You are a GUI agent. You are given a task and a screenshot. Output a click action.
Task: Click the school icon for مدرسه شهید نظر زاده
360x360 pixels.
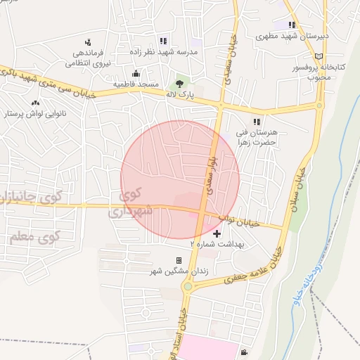(163, 41)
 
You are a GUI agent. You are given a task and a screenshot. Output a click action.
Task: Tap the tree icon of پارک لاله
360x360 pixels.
(180, 83)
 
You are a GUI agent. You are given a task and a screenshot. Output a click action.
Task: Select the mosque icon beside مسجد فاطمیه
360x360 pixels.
(136, 73)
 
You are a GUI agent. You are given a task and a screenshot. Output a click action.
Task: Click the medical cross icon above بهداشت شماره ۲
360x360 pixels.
(217, 233)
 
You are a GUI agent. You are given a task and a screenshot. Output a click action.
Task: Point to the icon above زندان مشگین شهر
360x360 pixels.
(179, 261)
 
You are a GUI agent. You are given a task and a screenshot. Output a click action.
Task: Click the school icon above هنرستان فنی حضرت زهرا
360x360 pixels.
(266, 122)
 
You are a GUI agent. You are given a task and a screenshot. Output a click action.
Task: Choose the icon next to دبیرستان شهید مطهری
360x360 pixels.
(290, 25)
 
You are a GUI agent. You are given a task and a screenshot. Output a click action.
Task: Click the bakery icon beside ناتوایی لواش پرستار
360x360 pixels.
(36, 104)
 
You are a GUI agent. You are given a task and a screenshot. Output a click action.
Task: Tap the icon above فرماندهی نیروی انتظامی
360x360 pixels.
(88, 43)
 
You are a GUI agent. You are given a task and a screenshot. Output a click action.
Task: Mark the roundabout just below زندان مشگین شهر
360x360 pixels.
(188, 285)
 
